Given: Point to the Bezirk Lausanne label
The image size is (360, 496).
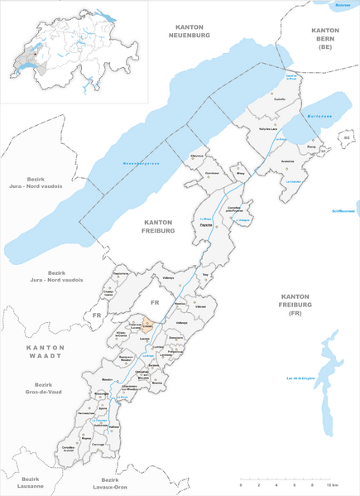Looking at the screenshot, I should (31, 483).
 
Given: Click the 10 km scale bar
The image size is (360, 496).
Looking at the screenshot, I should (282, 479).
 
